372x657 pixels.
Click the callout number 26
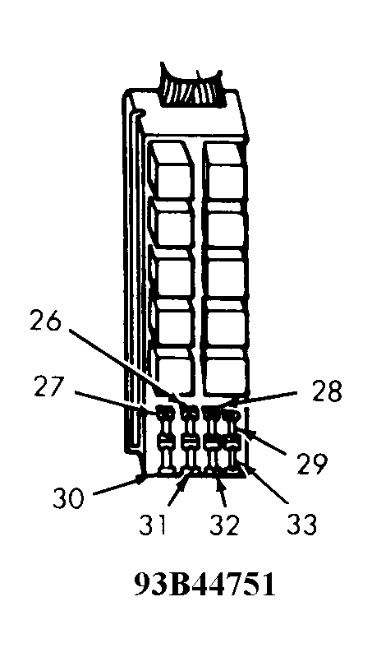(x=46, y=322)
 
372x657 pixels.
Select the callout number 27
(x=49, y=388)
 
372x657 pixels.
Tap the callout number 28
(x=326, y=391)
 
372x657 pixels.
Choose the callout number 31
(x=153, y=525)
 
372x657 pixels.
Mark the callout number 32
(x=224, y=525)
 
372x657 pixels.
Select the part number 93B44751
(x=205, y=585)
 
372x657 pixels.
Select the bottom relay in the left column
(x=172, y=370)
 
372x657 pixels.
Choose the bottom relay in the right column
(x=225, y=372)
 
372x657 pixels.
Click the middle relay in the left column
(x=172, y=272)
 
